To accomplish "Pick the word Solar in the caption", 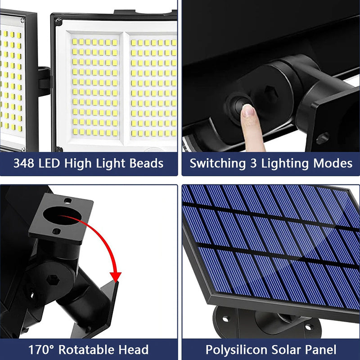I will [x=282, y=349].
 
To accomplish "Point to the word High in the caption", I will [x=79, y=163].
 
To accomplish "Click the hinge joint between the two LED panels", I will [x=44, y=81].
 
